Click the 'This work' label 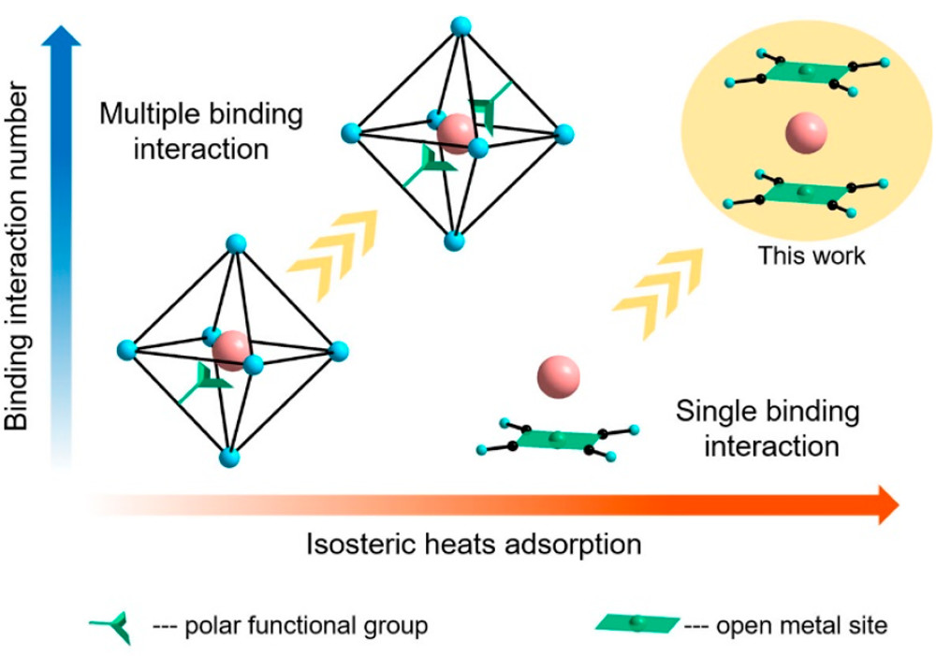812,255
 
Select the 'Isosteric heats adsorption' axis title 474,544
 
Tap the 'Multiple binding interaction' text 202,131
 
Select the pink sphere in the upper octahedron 456,134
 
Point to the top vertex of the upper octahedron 460,25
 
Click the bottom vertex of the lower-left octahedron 229,458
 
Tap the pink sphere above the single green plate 559,376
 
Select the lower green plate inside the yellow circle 804,191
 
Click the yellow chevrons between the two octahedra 332,253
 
